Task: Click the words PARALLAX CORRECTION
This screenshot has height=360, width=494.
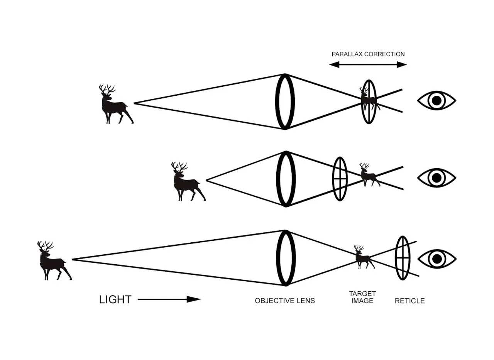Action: [x=368, y=54]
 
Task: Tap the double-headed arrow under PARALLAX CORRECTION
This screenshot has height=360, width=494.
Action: [x=368, y=65]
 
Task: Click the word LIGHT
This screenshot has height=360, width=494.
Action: [x=115, y=299]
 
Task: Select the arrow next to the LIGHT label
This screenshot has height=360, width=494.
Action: [x=169, y=299]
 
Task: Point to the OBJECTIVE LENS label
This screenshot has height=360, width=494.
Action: [x=285, y=301]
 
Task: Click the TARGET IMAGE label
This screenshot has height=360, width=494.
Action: [x=362, y=297]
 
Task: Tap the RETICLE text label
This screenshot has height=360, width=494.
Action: [x=409, y=301]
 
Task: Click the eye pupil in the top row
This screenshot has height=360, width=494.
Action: [x=437, y=101]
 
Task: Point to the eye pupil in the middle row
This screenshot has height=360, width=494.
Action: [x=437, y=178]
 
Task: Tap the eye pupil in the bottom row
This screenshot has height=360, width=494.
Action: [x=437, y=259]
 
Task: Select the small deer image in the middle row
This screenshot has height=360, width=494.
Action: [x=368, y=175]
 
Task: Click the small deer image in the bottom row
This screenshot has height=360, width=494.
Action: [x=363, y=257]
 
